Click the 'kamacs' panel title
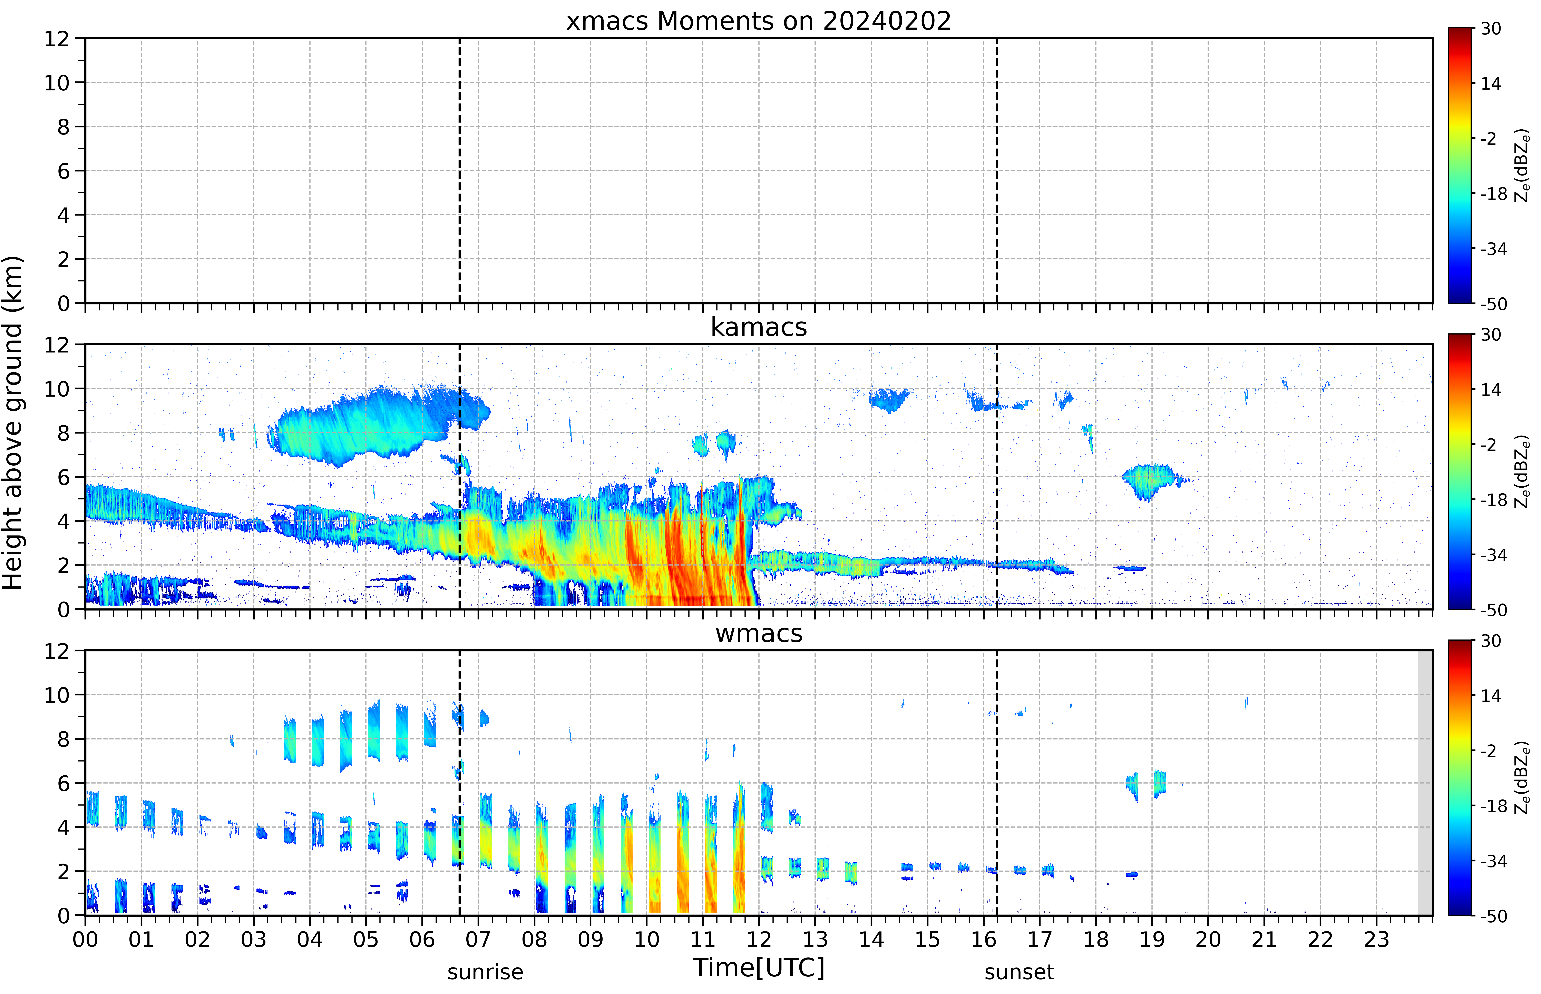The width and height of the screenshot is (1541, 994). [759, 327]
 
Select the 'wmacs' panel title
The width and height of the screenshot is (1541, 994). [759, 633]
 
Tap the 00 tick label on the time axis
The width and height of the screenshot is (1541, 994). [85, 939]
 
